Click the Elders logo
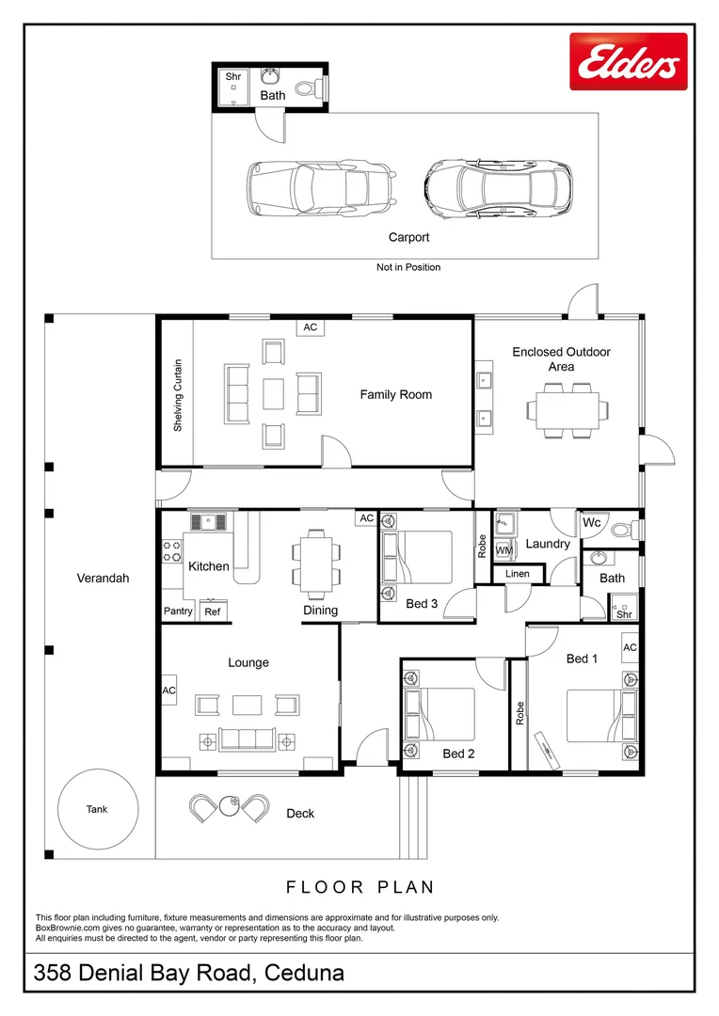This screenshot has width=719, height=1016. pyautogui.click(x=629, y=61)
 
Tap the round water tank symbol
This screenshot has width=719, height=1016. pyautogui.click(x=98, y=809)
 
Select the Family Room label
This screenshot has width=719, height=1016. pyautogui.click(x=395, y=394)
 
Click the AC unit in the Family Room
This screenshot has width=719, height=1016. pyautogui.click(x=310, y=327)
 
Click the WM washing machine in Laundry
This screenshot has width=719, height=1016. pyautogui.click(x=504, y=550)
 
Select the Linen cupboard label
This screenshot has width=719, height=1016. pyautogui.click(x=518, y=574)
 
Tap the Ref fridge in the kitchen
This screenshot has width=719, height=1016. pyautogui.click(x=213, y=611)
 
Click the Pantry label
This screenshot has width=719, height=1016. pyautogui.click(x=178, y=611)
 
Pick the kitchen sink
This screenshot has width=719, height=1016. pyautogui.click(x=209, y=521)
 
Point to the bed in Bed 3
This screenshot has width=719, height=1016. pyautogui.click(x=417, y=558)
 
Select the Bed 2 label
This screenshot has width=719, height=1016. pyautogui.click(x=458, y=754)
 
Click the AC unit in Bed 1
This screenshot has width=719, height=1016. pyautogui.click(x=630, y=647)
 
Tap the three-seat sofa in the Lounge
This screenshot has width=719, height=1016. pyautogui.click(x=246, y=739)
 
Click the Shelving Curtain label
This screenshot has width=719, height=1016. pyautogui.click(x=178, y=395)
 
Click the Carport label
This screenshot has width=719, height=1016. pyautogui.click(x=408, y=237)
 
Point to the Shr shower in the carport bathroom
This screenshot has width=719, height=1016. pyautogui.click(x=233, y=87)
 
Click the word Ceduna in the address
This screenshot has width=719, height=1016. pyautogui.click(x=305, y=973)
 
